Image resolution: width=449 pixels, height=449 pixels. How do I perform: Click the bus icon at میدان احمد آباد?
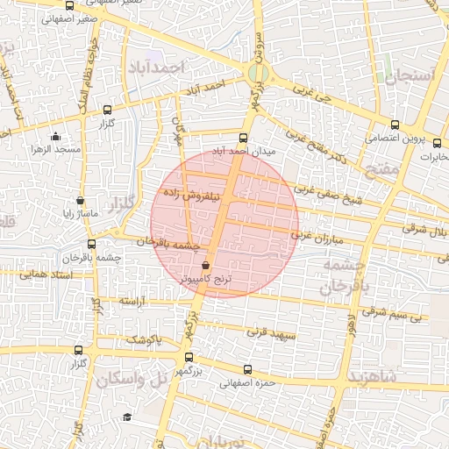click(244, 138)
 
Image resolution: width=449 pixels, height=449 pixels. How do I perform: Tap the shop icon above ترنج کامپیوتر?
click(206, 265)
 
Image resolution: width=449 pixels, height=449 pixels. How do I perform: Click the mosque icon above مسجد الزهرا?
click(56, 136)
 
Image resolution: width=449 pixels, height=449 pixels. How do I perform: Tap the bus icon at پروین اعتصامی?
click(395, 125)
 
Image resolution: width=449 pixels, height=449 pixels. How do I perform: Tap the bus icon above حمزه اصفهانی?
click(247, 369)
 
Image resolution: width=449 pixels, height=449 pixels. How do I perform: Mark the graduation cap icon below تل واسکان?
click(127, 417)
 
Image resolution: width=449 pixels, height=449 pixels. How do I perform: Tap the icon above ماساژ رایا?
click(81, 200)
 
